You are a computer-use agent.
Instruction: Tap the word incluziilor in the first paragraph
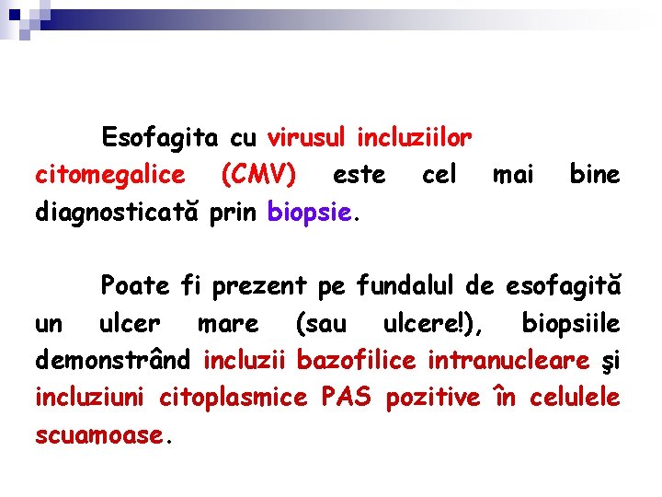click(x=414, y=139)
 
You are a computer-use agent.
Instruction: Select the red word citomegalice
click(x=109, y=175)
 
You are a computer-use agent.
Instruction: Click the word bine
click(x=595, y=175)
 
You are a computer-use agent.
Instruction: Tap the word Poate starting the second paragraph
click(x=135, y=285)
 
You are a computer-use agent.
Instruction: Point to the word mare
click(x=228, y=323)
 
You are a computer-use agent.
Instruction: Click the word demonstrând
click(x=115, y=361)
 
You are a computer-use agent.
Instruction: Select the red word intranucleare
click(x=499, y=361)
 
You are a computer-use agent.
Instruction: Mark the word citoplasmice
click(x=234, y=398)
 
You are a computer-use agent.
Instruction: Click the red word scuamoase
click(x=97, y=435)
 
